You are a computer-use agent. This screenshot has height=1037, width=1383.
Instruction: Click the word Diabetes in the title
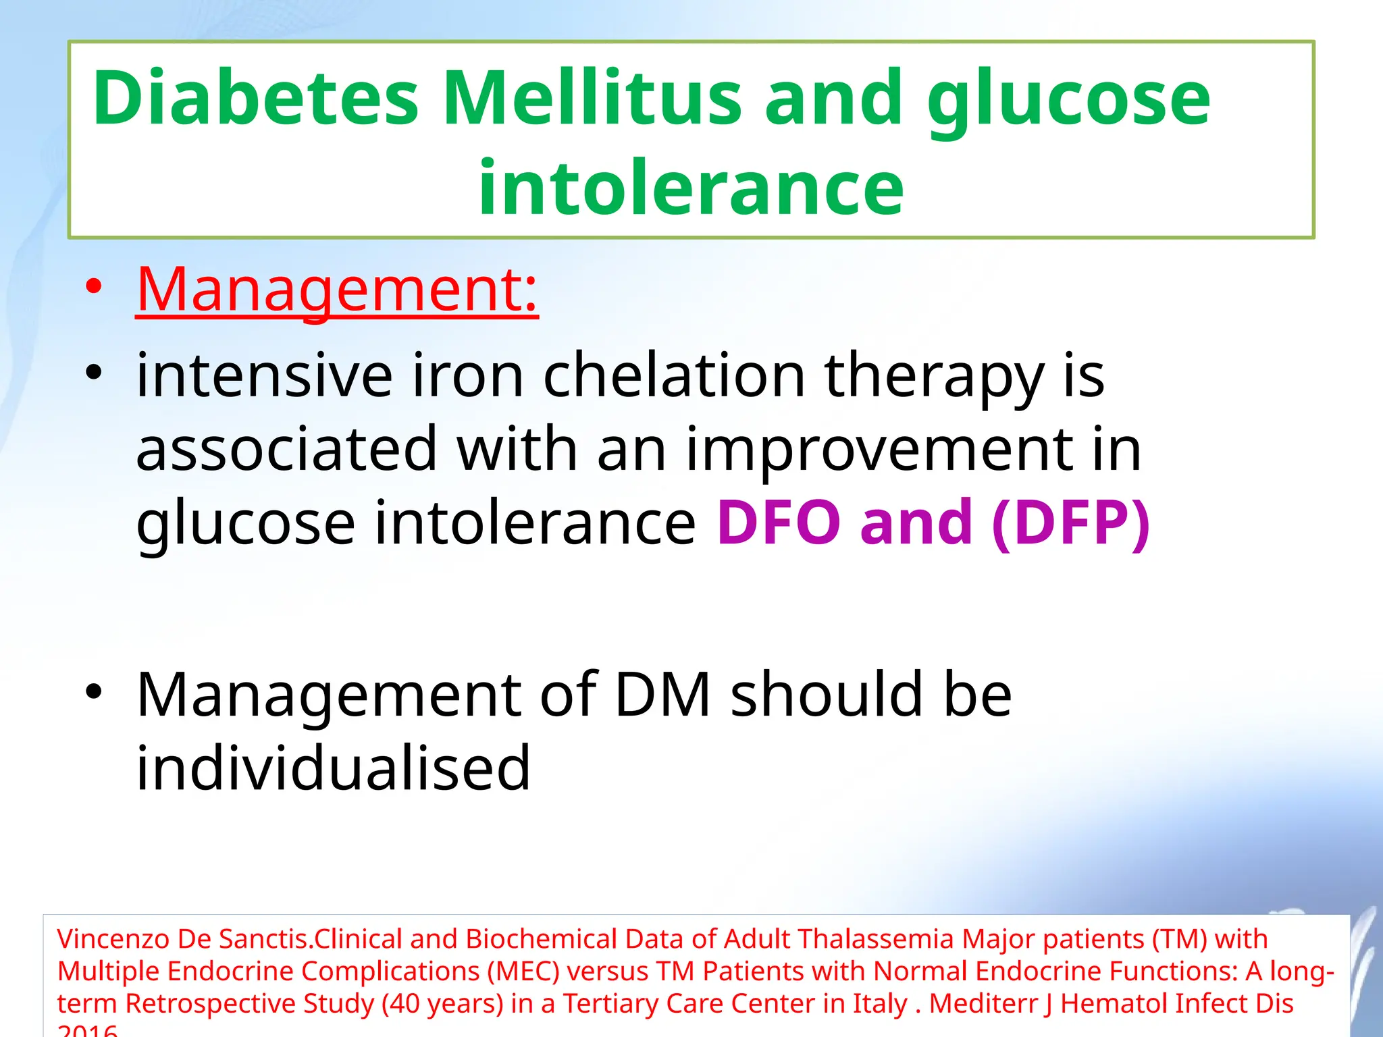tap(255, 99)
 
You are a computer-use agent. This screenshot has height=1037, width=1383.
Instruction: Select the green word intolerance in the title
tap(691, 187)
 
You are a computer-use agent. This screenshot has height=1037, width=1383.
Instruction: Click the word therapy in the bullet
tap(934, 377)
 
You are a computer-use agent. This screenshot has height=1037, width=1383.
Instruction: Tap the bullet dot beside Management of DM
tap(94, 691)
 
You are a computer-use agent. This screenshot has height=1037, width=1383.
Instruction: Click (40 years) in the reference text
tap(442, 1004)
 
